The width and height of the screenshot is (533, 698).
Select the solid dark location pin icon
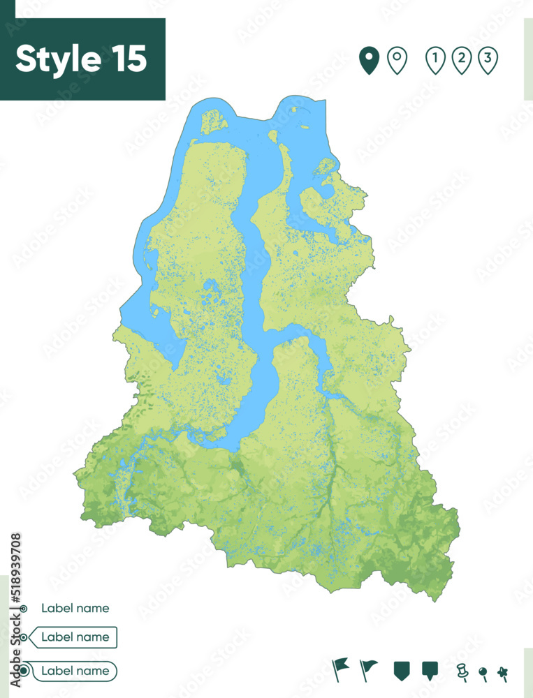click(x=369, y=61)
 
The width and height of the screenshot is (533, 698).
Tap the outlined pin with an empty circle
click(x=397, y=61)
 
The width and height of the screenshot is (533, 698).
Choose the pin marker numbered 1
click(x=436, y=61)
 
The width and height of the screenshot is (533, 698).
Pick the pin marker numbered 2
click(x=462, y=61)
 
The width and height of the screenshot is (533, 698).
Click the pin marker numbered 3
click(x=488, y=61)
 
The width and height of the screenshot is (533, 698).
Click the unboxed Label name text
click(x=75, y=608)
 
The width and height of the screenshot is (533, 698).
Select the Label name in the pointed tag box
click(x=75, y=637)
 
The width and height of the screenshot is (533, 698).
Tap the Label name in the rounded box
click(x=75, y=671)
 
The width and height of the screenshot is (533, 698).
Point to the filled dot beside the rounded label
click(x=25, y=671)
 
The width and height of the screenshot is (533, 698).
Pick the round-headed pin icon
click(x=483, y=672)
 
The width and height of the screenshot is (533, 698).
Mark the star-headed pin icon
click(x=502, y=672)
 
